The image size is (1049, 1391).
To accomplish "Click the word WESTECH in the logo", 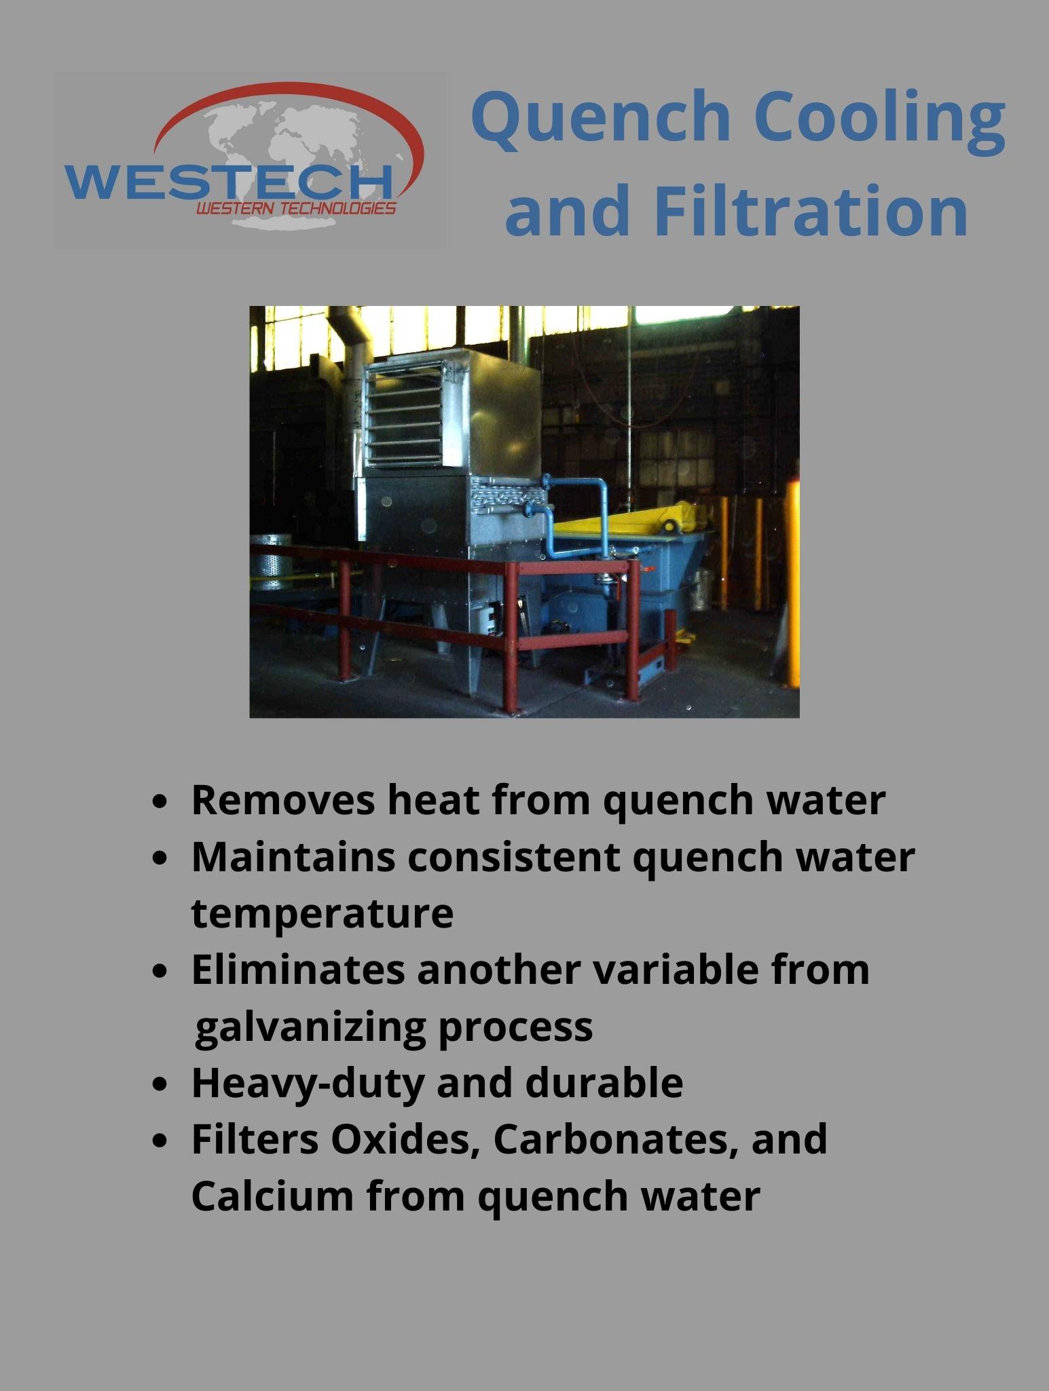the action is (x=228, y=181).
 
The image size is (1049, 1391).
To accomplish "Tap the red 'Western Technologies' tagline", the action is (x=296, y=208).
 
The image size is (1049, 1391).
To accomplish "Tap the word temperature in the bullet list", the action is (x=323, y=914).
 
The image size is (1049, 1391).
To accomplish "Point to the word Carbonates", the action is (x=616, y=1140).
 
